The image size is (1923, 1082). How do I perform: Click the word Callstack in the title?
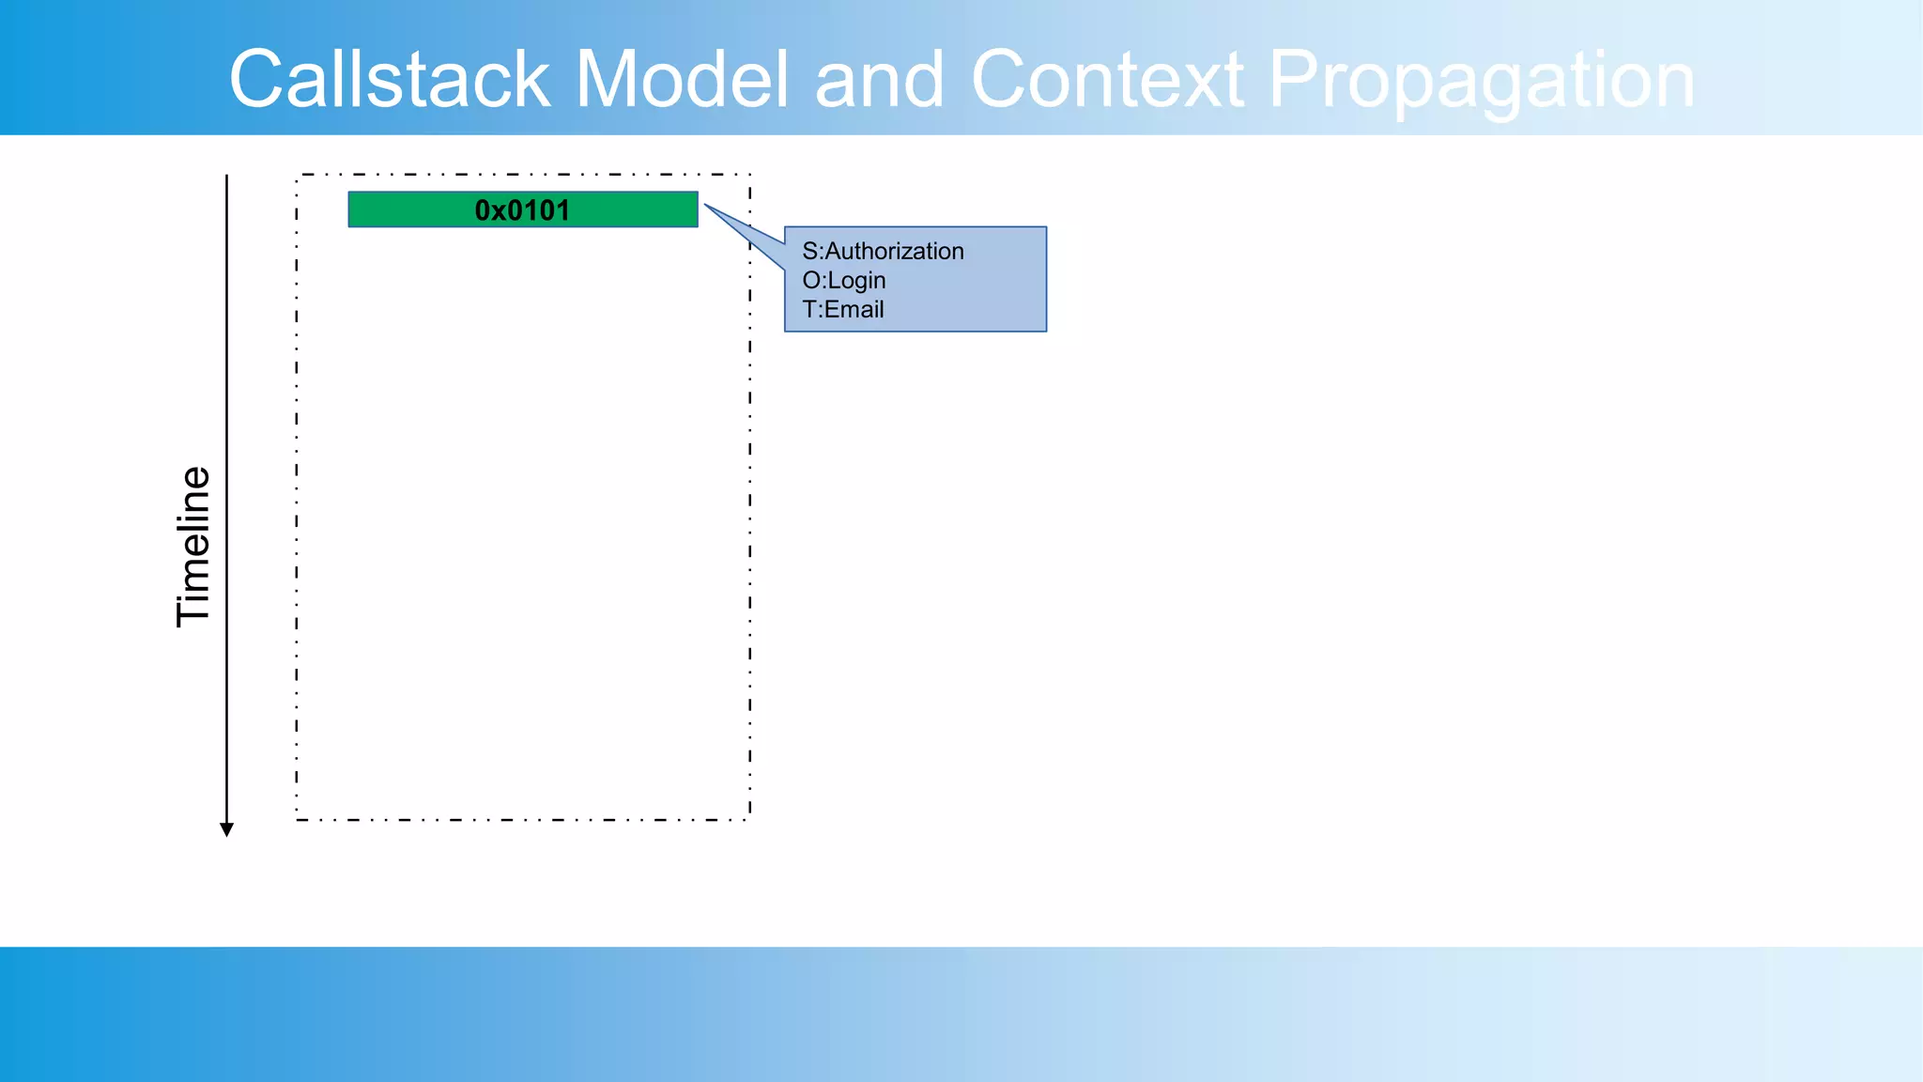389,79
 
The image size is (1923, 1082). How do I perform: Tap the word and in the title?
879,79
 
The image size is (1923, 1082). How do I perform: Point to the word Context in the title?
1107,79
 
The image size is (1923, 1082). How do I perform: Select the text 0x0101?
522,210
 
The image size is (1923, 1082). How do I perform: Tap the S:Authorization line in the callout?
883,251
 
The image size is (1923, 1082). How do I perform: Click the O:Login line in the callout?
843,280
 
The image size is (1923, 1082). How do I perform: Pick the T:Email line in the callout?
842,309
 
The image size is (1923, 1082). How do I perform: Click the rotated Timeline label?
193,546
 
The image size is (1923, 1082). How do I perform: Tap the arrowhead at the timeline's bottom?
226,829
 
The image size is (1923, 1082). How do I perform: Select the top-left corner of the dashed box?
297,175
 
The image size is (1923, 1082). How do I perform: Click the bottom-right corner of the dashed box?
749,819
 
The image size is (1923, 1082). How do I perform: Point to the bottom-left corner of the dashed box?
297,819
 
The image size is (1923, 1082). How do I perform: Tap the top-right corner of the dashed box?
749,175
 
